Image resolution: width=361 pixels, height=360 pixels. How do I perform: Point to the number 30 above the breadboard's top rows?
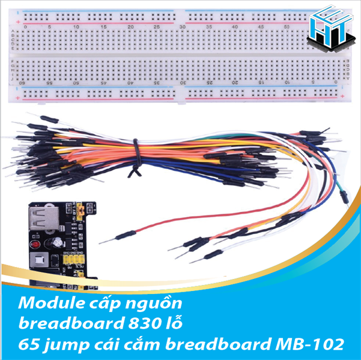[x=183, y=27]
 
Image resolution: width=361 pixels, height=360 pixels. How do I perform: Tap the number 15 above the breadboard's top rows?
[x=104, y=27]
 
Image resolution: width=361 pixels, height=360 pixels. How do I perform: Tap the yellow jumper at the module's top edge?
[x=76, y=211]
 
